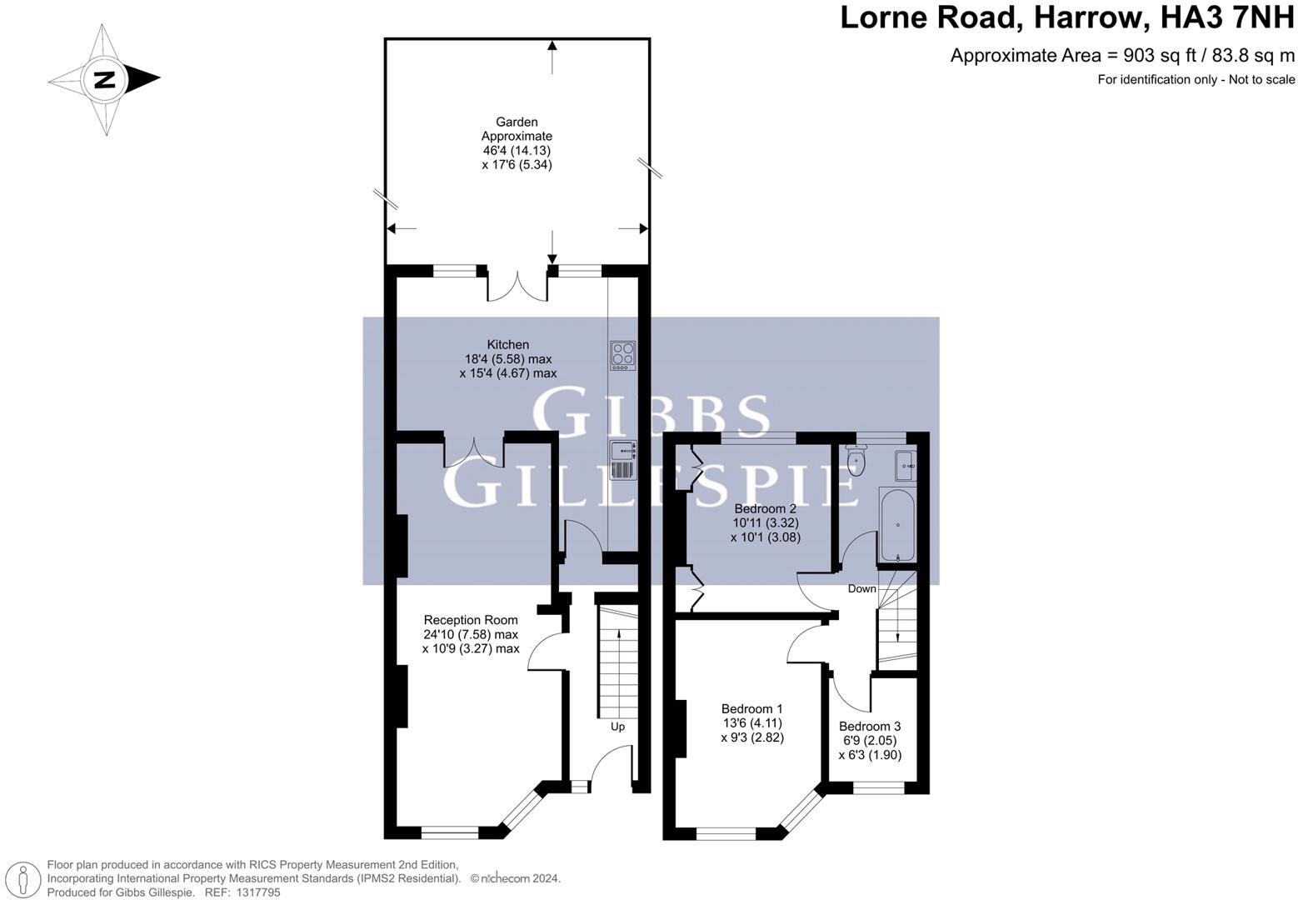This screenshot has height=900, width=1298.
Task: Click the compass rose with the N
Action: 104,80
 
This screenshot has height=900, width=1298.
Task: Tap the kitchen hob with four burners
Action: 622,356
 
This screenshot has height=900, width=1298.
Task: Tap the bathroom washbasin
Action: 905,465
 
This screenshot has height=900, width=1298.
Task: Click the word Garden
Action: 517,122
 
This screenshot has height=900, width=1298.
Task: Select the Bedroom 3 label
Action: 870,726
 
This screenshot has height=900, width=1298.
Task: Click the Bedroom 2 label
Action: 765,508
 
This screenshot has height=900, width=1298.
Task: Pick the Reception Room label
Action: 471,620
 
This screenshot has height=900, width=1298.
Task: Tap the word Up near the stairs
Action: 617,727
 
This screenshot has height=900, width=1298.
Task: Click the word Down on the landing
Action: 861,589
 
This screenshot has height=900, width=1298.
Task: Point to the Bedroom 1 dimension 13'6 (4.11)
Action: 751,722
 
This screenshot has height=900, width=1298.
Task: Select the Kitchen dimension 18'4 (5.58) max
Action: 508,359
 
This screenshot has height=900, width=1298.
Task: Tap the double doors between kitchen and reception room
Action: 474,450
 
